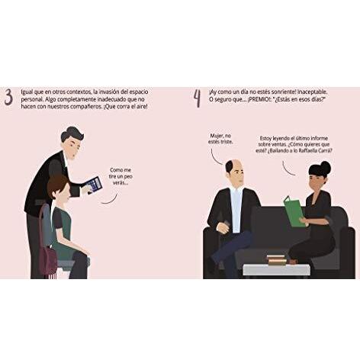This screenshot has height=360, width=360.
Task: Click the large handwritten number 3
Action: pyautogui.click(x=8, y=98)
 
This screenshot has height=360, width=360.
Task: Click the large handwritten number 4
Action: pyautogui.click(x=198, y=98)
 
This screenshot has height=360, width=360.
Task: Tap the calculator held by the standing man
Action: pyautogui.click(x=94, y=185)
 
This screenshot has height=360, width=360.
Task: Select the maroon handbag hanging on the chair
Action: pyautogui.click(x=48, y=262)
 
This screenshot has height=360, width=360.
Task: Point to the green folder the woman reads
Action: pyautogui.click(x=294, y=211)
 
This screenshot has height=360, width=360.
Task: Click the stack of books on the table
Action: pyautogui.click(x=276, y=260)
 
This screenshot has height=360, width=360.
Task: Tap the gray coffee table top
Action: pyautogui.click(x=276, y=269)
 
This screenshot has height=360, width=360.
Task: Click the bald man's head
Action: pyautogui.click(x=234, y=174)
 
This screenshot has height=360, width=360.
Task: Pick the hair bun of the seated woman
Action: pyautogui.click(x=325, y=168)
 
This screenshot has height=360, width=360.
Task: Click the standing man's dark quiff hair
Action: pyautogui.click(x=72, y=134)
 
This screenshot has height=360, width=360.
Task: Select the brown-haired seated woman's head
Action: pyautogui.click(x=58, y=189)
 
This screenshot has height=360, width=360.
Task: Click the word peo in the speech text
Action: pyautogui.click(x=128, y=176)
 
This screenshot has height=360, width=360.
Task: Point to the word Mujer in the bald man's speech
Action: pyautogui.click(x=217, y=136)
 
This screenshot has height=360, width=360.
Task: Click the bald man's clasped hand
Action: pyautogui.click(x=223, y=227)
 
